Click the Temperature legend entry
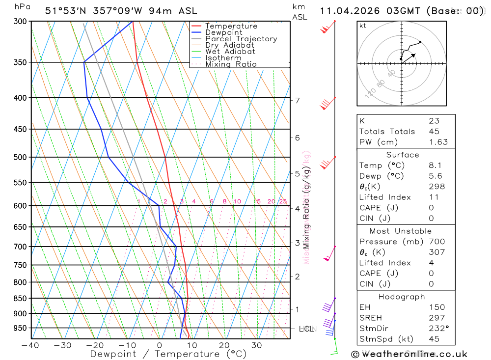231,26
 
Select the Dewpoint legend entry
224,32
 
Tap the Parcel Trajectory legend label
241,39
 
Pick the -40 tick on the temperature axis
30,345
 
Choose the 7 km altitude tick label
298,101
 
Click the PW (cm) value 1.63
438,142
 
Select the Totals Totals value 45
434,131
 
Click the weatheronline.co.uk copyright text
409,354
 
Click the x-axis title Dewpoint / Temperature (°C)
168,354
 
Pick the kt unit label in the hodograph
363,26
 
